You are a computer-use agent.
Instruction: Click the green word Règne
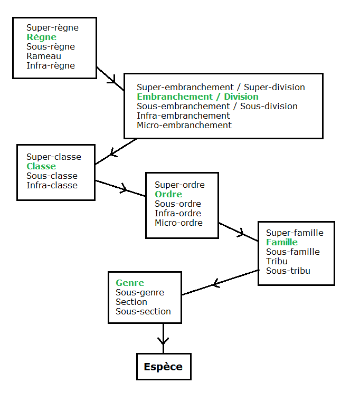pos(41,37)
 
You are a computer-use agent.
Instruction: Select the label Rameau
pos(44,56)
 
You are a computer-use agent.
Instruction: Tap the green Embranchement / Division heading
pos(197,97)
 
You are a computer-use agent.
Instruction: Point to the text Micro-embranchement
pos(184,125)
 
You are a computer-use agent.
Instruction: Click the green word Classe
pos(41,166)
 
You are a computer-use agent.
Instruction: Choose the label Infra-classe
pos(52,185)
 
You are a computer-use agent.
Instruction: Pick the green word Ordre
pos(168,194)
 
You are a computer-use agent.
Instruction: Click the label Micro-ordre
pos(178,223)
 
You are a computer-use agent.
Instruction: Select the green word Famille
pos(281,242)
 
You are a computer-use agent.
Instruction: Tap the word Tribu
pos(277,261)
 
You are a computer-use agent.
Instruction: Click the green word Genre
pos(129,283)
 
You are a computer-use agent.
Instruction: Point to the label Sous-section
pos(143,311)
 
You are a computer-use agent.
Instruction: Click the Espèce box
pos(163,367)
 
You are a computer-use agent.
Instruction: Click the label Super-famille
pos(295,233)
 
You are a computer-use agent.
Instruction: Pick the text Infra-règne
pos(51,65)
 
